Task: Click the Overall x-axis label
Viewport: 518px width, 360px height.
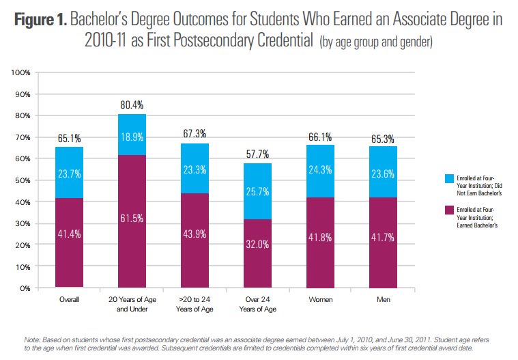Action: [x=69, y=299]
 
